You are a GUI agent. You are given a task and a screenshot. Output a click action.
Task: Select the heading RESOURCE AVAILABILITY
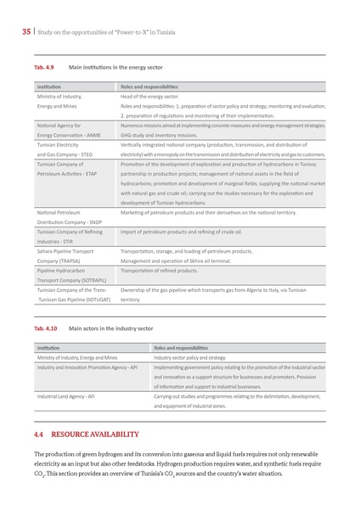click(x=100, y=434)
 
